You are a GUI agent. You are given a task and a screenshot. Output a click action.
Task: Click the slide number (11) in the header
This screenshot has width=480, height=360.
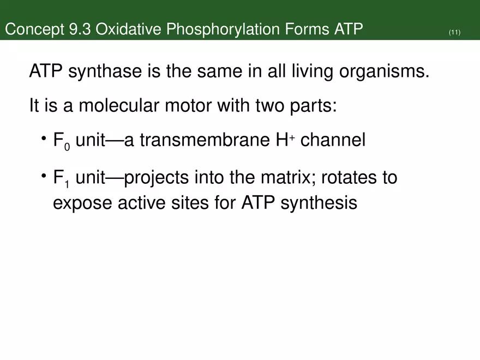454,33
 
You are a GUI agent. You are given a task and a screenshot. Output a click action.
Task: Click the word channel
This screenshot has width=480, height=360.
333,140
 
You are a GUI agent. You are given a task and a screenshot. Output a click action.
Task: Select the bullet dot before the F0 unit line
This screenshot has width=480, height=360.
43,139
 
